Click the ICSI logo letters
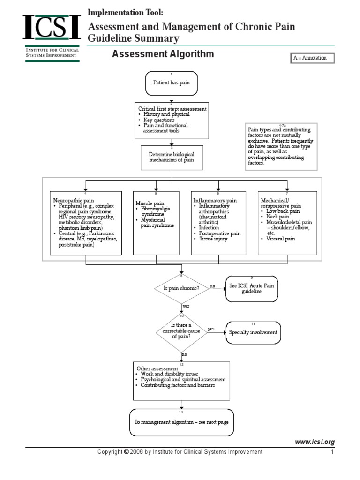[52, 28]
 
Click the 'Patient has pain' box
[172, 82]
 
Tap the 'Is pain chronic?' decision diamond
[181, 288]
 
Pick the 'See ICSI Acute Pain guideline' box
[251, 288]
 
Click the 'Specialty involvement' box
[253, 332]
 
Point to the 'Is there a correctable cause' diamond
[181, 331]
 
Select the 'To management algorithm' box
[181, 422]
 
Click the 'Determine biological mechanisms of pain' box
[172, 157]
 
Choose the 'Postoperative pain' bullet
[219, 233]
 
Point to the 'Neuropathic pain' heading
[74, 200]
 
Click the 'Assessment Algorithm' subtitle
[163, 54]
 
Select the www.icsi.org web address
[315, 442]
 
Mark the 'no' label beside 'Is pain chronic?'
[212, 285]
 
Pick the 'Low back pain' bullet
[283, 211]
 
